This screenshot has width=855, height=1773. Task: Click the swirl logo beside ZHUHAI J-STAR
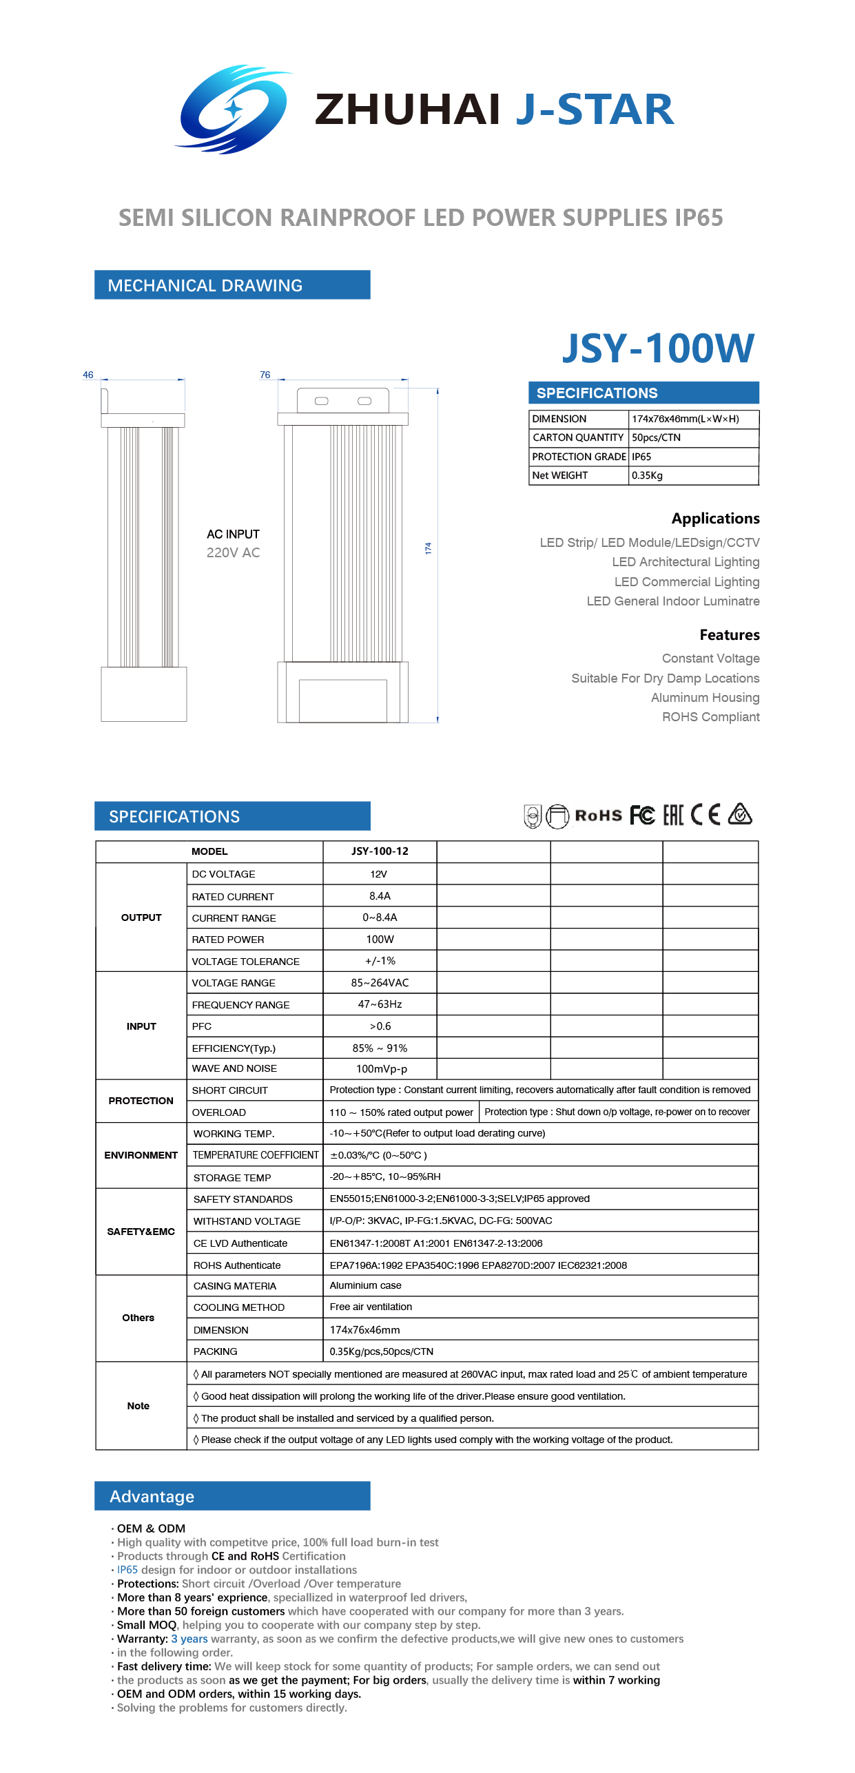(x=234, y=109)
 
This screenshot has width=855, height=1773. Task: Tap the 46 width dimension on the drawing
(x=88, y=375)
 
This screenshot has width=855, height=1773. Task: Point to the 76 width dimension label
(x=265, y=375)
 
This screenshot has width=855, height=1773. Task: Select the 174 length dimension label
(x=428, y=548)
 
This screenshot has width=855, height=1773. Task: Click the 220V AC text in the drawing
(x=233, y=552)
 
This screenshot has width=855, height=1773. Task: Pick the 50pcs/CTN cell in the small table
(x=656, y=437)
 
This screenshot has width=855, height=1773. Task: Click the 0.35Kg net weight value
(x=647, y=475)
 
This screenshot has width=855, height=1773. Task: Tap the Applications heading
(x=715, y=519)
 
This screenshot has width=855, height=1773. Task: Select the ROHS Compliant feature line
(x=710, y=717)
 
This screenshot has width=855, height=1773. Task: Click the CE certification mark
(x=705, y=815)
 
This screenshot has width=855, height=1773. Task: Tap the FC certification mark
(x=642, y=816)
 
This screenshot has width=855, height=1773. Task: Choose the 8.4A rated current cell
(x=380, y=896)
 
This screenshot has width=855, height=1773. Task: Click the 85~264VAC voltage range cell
(x=380, y=983)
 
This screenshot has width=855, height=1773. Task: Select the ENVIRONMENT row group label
(x=141, y=1155)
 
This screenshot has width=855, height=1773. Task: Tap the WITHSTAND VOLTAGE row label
(x=247, y=1221)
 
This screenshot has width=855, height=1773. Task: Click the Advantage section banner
(x=232, y=1496)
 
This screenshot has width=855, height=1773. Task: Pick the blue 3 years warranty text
(x=189, y=1639)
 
